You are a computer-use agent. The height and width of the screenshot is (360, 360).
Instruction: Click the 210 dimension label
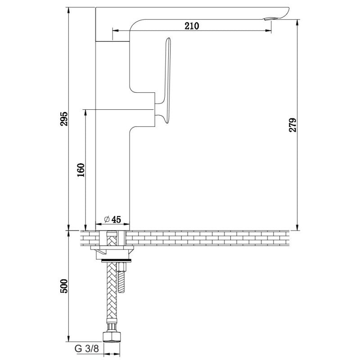[x=192, y=26]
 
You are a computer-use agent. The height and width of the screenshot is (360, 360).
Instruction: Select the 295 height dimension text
[x=64, y=119]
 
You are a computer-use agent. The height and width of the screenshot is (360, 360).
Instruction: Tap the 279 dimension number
[x=292, y=125]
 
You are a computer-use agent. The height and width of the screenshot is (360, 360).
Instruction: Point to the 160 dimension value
[x=81, y=170]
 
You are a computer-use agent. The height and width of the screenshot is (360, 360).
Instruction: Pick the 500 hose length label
[x=64, y=286]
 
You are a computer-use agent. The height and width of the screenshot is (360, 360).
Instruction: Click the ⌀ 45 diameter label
[x=112, y=220]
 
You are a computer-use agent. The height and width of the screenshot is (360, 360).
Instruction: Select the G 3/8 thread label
[x=87, y=348]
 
